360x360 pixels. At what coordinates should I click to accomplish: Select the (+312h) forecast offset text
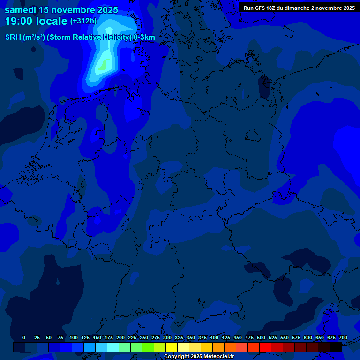[x=83, y=21]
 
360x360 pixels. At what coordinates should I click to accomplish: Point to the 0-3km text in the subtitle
[x=144, y=37]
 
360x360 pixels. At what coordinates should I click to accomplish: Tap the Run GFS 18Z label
[x=261, y=8]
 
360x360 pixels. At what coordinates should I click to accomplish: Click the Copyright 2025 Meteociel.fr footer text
[x=199, y=357]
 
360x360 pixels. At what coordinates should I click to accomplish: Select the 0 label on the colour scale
[x=24, y=337]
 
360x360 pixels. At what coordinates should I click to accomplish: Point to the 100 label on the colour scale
[x=74, y=337]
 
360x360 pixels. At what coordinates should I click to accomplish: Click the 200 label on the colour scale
[x=120, y=337]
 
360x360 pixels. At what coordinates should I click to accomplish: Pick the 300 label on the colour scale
[x=167, y=337]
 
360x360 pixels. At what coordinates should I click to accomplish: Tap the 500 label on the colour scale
[x=261, y=337]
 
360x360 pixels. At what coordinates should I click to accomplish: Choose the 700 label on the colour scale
[x=343, y=337]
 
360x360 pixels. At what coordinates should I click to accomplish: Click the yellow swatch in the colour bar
[x=172, y=347]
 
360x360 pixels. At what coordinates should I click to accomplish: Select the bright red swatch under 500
[x=265, y=347]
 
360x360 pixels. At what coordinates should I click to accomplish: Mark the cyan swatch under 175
[x=113, y=347]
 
